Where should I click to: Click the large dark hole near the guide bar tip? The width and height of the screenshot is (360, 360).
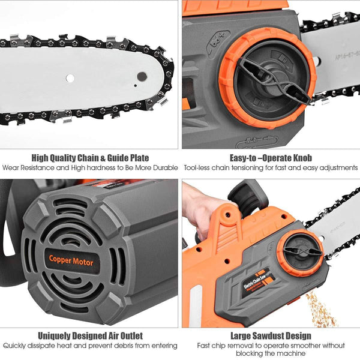pos(142,76)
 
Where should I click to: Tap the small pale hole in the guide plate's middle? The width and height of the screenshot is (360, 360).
pos(70,78)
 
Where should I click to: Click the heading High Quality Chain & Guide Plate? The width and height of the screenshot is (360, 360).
pos(89,158)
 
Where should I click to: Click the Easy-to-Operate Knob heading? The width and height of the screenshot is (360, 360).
pos(271,158)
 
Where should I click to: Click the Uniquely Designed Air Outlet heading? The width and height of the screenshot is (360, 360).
pos(90,335)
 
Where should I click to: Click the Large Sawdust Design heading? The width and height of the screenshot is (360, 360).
pos(271,335)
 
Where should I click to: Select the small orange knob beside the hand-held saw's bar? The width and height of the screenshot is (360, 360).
pos(299,253)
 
